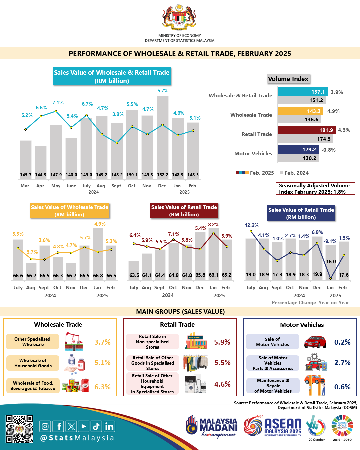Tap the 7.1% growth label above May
click(58, 103)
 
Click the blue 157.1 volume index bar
click(303, 92)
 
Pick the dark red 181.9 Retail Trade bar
click(306, 130)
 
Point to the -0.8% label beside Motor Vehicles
click(328, 150)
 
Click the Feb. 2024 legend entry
click(295, 173)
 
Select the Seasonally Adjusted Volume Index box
click(315, 188)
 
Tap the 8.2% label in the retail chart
click(214, 225)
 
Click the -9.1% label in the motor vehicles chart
click(330, 241)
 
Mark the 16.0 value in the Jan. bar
click(331, 262)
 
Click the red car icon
click(315, 342)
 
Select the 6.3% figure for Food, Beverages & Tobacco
click(102, 387)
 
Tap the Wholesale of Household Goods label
click(33, 363)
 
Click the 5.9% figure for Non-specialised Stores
click(222, 342)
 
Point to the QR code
click(20, 429)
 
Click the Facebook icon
click(59, 426)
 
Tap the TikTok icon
click(96, 426)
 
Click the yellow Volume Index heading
click(288, 79)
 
